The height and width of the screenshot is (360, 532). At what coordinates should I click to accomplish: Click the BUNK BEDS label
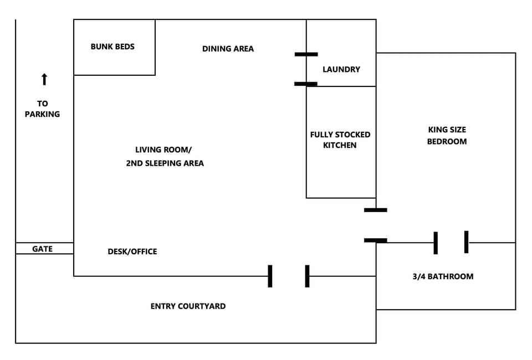click(x=112, y=47)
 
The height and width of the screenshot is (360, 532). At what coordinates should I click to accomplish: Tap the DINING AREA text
click(x=228, y=49)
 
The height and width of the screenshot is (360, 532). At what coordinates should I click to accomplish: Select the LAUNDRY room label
click(x=341, y=69)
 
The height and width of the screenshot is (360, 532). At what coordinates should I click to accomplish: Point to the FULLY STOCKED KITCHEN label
click(x=340, y=140)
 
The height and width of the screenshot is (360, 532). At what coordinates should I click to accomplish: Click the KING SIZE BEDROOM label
click(x=447, y=136)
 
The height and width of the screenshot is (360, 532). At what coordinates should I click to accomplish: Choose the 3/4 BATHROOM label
click(x=443, y=276)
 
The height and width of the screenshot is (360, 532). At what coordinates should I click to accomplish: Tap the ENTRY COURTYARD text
click(x=188, y=306)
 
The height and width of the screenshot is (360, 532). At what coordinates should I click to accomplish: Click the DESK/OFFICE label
click(x=132, y=251)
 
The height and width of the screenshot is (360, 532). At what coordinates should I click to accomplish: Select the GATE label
click(x=42, y=249)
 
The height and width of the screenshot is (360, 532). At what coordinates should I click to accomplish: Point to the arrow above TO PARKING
click(x=44, y=79)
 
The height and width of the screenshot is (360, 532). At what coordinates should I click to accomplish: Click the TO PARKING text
click(x=42, y=109)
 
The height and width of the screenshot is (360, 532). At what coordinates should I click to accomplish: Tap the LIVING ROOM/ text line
click(x=163, y=150)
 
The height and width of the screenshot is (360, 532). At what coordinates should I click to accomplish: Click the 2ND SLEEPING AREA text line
click(x=165, y=163)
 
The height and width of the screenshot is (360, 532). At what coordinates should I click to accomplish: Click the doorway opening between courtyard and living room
click(x=289, y=276)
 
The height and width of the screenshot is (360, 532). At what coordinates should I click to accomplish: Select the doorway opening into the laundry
click(x=306, y=69)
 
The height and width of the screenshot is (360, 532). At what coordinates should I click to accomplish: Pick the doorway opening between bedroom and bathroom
click(x=451, y=243)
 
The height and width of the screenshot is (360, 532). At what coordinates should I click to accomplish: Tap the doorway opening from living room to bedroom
click(x=376, y=225)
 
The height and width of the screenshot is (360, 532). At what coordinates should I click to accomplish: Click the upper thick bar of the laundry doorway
click(x=306, y=54)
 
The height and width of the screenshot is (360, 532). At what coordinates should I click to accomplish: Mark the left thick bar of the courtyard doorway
click(x=270, y=276)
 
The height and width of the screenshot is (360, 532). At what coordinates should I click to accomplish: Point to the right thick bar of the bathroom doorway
click(x=466, y=242)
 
